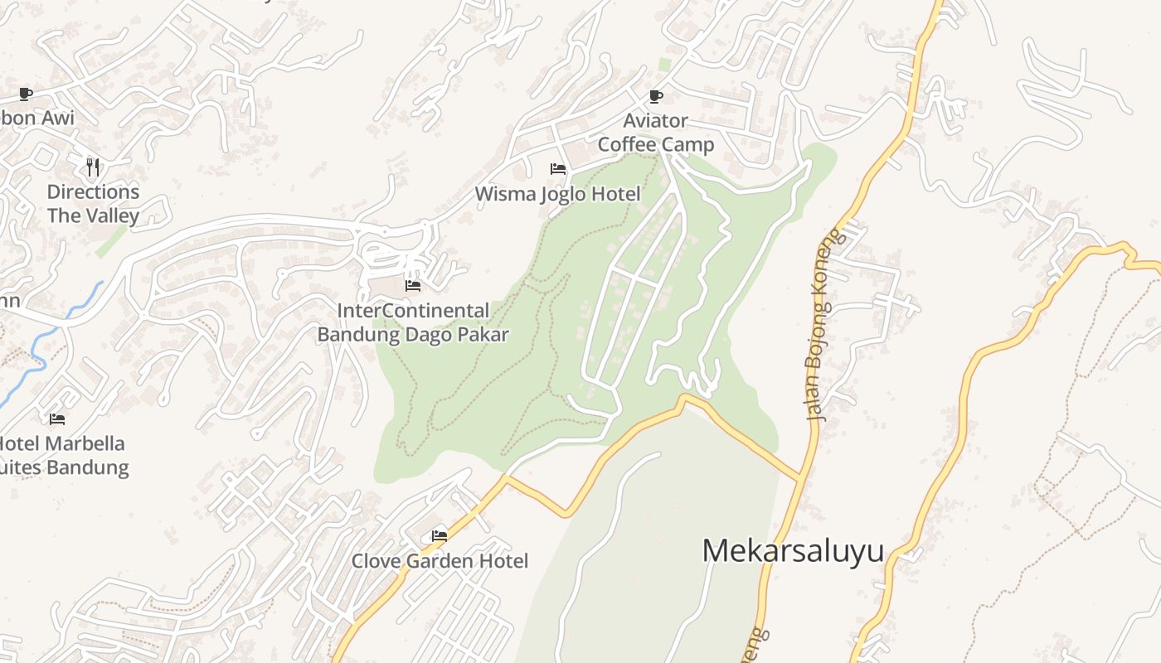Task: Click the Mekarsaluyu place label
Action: coord(793,551)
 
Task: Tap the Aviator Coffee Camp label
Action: coord(656,133)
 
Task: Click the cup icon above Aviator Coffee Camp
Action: coord(656,96)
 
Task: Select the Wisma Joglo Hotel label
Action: coord(557,194)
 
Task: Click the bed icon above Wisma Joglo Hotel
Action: coord(558,169)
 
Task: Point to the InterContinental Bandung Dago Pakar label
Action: coord(413,322)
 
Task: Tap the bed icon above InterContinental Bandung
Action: coord(413,286)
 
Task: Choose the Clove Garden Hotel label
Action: coord(440,561)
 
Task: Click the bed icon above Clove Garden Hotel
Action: coord(440,536)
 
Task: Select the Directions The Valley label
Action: coord(93,204)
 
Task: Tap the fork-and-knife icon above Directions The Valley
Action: coord(93,167)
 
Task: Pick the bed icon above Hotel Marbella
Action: coord(57,419)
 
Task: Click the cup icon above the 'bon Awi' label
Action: coord(26,94)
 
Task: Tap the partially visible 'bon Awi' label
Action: coord(36,118)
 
